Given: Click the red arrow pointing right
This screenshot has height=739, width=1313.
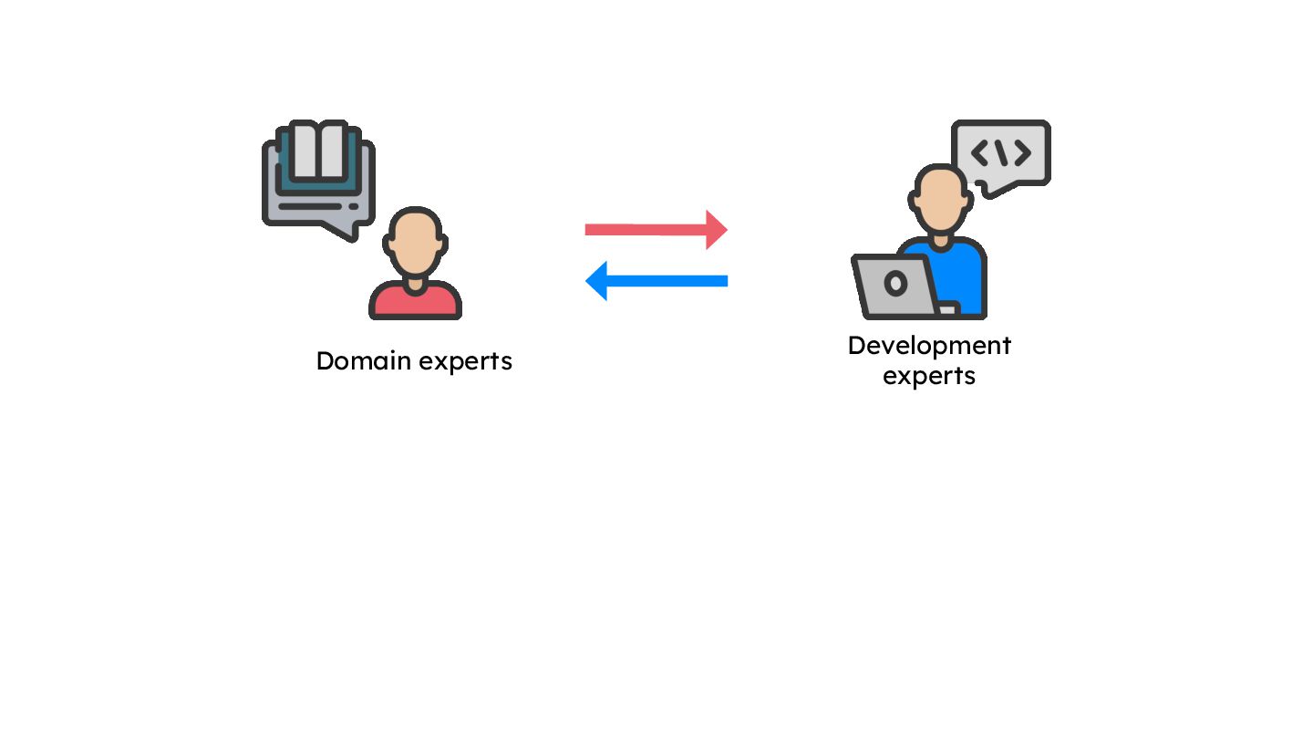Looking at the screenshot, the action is click(647, 229).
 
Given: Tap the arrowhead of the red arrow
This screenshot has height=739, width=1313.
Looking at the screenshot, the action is click(717, 229).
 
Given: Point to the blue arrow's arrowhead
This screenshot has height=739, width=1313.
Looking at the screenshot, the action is click(597, 281).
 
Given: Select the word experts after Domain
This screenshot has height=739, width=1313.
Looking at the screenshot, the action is click(465, 362).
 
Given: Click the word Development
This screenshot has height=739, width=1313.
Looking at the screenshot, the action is click(929, 346).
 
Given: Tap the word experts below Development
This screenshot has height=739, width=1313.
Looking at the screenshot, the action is click(929, 376).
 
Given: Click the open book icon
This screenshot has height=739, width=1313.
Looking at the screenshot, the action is click(318, 152).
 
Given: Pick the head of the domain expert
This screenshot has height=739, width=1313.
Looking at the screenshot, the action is click(416, 243).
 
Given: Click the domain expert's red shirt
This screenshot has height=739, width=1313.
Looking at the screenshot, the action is click(415, 303).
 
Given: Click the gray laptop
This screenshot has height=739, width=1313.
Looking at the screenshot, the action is click(896, 287).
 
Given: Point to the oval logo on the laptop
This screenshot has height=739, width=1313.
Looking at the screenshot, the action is click(896, 284).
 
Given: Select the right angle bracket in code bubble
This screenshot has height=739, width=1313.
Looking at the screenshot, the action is click(1023, 153).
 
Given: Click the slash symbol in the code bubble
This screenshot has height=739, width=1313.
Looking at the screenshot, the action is click(1001, 153).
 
